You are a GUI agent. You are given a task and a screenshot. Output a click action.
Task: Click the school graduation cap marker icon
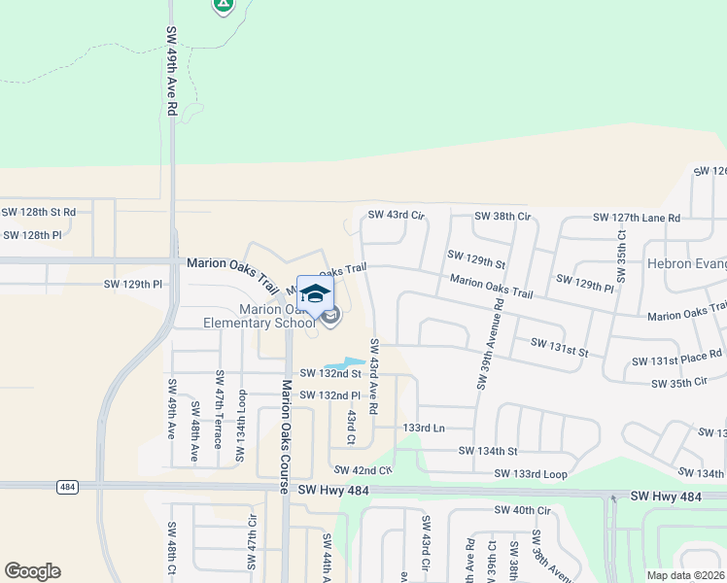coord(315,293)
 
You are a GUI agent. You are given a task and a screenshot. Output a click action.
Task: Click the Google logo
coord(32,571)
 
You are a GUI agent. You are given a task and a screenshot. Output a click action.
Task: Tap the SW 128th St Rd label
coord(38,211)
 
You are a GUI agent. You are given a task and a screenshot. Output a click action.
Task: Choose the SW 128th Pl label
coord(32,235)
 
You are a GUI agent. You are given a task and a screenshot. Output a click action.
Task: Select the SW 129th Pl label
coord(133,285)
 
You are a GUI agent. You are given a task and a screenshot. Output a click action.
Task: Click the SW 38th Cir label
coord(502,216)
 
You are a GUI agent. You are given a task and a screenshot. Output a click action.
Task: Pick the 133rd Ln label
coord(423,428)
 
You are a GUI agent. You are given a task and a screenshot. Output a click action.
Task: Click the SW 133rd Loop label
coord(530,473)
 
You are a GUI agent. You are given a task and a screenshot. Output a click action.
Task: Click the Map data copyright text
coord(684,574)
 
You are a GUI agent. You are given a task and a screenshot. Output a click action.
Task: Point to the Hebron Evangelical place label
coord(687,263)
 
